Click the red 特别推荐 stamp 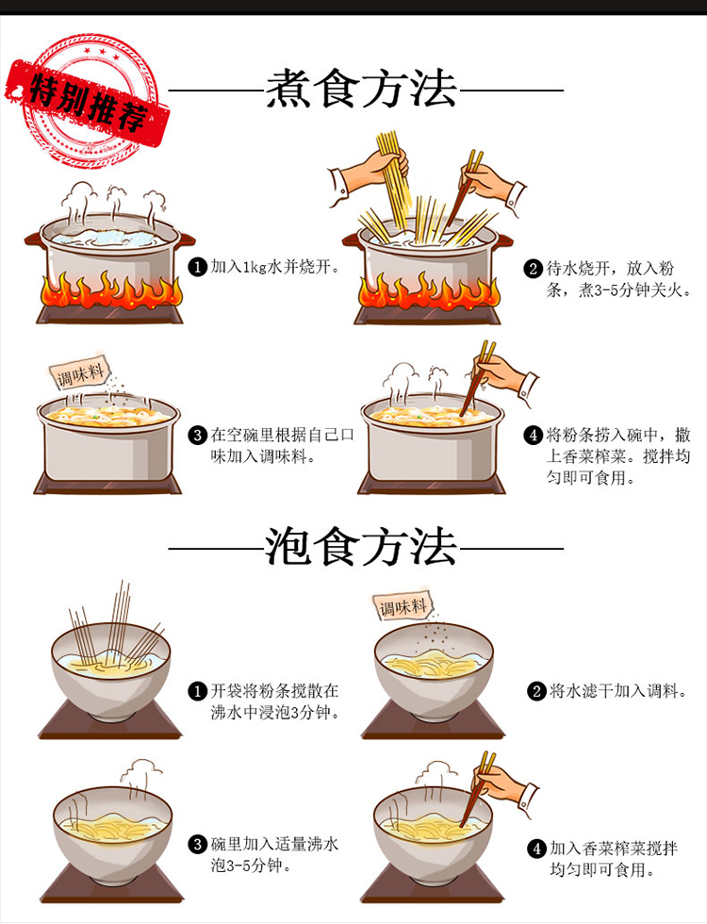(89, 100)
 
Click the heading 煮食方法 (362, 90)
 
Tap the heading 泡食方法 (360, 547)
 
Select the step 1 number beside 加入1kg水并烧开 (197, 267)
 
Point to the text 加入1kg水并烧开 (275, 267)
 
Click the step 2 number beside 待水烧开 (534, 269)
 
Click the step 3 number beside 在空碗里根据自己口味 (197, 436)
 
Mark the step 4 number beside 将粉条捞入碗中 (534, 436)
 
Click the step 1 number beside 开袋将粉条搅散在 (197, 690)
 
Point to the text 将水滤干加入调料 (618, 690)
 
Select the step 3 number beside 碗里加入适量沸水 (197, 844)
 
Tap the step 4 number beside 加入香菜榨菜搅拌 (536, 849)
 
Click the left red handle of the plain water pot (33, 239)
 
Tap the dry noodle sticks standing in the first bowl (115, 628)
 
